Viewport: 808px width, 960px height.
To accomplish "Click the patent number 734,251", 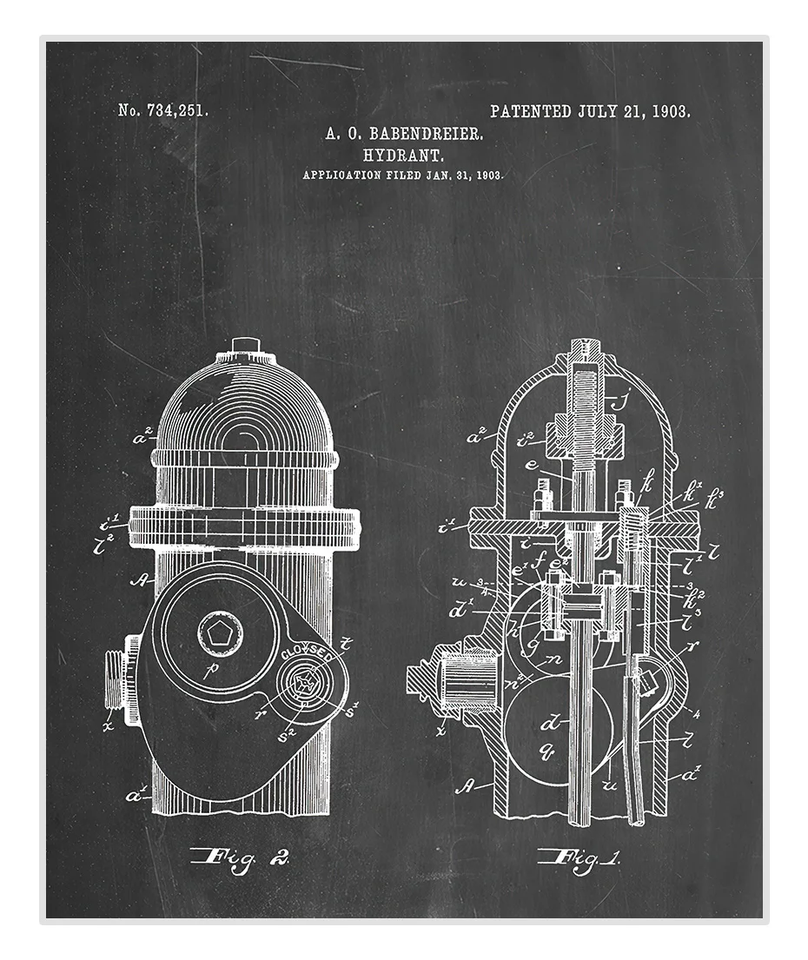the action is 178,110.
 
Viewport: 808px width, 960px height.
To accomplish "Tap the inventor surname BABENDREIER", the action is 427,133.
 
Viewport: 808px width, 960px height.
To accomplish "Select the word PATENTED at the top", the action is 530,110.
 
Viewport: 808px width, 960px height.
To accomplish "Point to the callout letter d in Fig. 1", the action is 550,723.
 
